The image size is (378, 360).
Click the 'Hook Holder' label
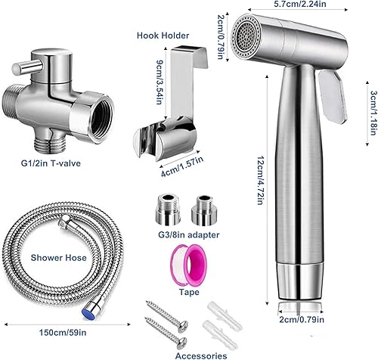163,36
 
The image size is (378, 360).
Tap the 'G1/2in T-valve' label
51,163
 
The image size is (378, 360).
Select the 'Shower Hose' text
58,258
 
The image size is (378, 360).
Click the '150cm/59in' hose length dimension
63,333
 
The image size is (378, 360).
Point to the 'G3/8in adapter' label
189,235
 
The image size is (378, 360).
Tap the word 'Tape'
189,292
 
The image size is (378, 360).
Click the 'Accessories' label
201,355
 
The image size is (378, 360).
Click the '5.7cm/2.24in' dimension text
298,4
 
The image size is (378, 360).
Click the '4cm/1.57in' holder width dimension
182,166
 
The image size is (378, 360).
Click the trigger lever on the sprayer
333,98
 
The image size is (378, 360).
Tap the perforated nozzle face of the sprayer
246,37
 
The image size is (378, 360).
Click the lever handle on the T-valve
27,67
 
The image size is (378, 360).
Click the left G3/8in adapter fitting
168,210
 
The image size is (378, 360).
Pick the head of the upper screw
183,325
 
